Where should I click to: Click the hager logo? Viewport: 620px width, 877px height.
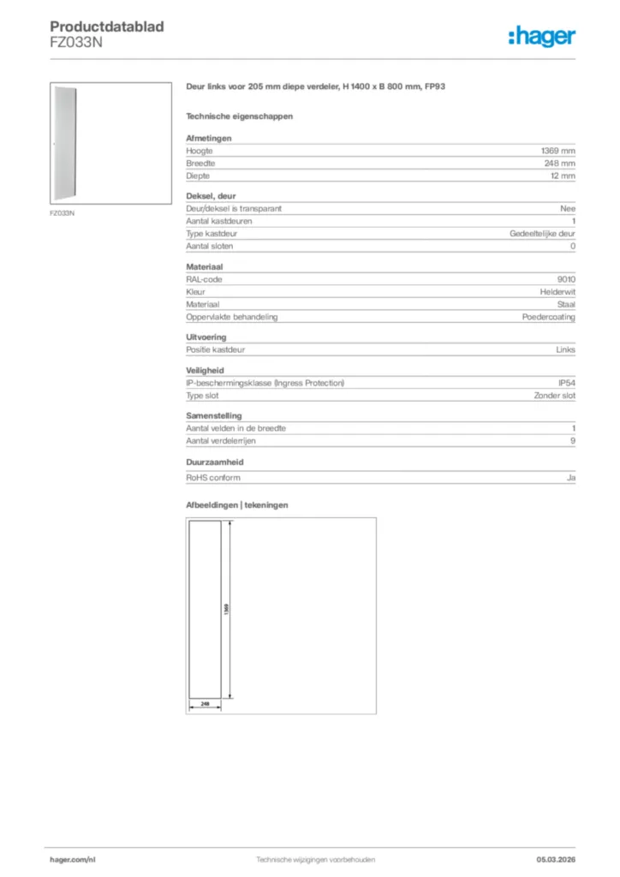[542, 36]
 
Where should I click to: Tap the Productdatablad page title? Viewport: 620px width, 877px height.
[107, 27]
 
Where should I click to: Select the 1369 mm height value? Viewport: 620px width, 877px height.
[558, 150]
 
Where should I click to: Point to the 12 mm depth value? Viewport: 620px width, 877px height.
[563, 176]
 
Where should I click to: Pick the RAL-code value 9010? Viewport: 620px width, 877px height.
[566, 279]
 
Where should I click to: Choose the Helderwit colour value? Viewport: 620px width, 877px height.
[557, 292]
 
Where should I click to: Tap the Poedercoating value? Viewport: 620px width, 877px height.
[549, 317]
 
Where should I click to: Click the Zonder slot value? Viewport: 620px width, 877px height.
[554, 396]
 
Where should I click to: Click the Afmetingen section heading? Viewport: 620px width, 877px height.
[209, 138]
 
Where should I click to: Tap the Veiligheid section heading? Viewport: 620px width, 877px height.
[206, 370]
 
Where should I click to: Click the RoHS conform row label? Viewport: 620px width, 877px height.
[213, 477]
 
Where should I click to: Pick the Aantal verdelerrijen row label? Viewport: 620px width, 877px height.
[221, 441]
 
